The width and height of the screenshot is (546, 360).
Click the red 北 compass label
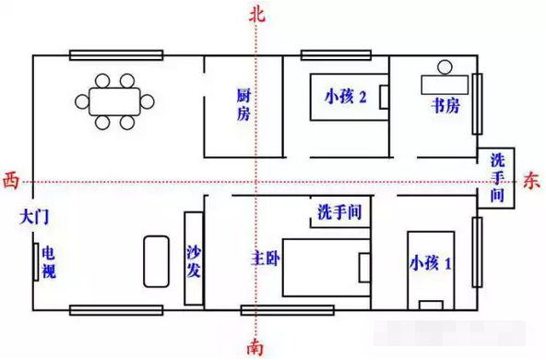257,16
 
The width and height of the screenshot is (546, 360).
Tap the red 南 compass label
255,346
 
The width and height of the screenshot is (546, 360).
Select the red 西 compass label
10,182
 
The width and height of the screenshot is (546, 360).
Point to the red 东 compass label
531,182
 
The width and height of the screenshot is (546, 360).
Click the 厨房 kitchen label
243,104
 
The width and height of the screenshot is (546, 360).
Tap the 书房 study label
445,105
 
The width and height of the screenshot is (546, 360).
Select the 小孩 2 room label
346,97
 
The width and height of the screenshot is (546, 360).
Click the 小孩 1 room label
431,263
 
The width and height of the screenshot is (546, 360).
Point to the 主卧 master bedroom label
266,258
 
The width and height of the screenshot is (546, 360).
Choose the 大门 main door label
34,217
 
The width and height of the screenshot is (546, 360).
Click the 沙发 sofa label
194,261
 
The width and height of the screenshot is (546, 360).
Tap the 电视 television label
49,262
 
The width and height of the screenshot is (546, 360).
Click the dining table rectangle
114,102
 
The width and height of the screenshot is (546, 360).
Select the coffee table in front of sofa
157,262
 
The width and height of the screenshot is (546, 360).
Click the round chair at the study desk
445,67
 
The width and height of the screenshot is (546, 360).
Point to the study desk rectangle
445,85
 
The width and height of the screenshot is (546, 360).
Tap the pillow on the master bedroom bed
364,268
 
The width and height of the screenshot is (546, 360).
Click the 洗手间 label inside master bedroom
339,212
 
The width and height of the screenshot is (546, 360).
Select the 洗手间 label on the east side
497,178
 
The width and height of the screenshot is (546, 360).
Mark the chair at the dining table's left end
82,102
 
